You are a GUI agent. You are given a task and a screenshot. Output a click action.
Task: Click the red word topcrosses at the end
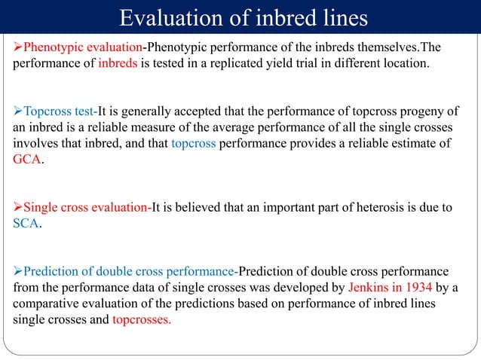(x=141, y=319)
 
